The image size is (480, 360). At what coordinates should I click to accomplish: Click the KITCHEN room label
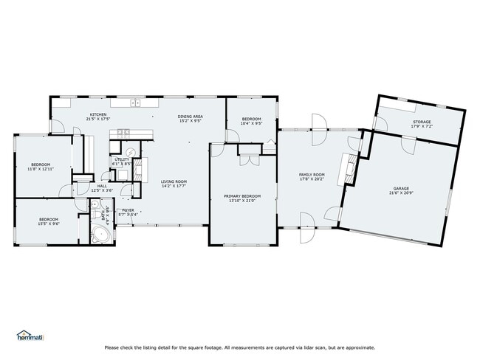98,115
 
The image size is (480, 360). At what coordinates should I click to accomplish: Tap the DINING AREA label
191,117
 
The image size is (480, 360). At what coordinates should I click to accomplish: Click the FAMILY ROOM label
312,175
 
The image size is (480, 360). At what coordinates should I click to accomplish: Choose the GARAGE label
401,188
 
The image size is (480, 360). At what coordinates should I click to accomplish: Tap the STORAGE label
422,122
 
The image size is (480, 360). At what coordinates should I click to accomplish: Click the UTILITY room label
122,159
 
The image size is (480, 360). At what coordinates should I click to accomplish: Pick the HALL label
102,186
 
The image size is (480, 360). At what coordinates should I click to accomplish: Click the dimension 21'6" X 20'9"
401,193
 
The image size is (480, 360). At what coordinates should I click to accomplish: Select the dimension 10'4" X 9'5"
252,123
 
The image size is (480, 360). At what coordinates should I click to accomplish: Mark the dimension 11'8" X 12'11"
41,169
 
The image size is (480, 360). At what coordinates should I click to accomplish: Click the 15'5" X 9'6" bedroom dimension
49,224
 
